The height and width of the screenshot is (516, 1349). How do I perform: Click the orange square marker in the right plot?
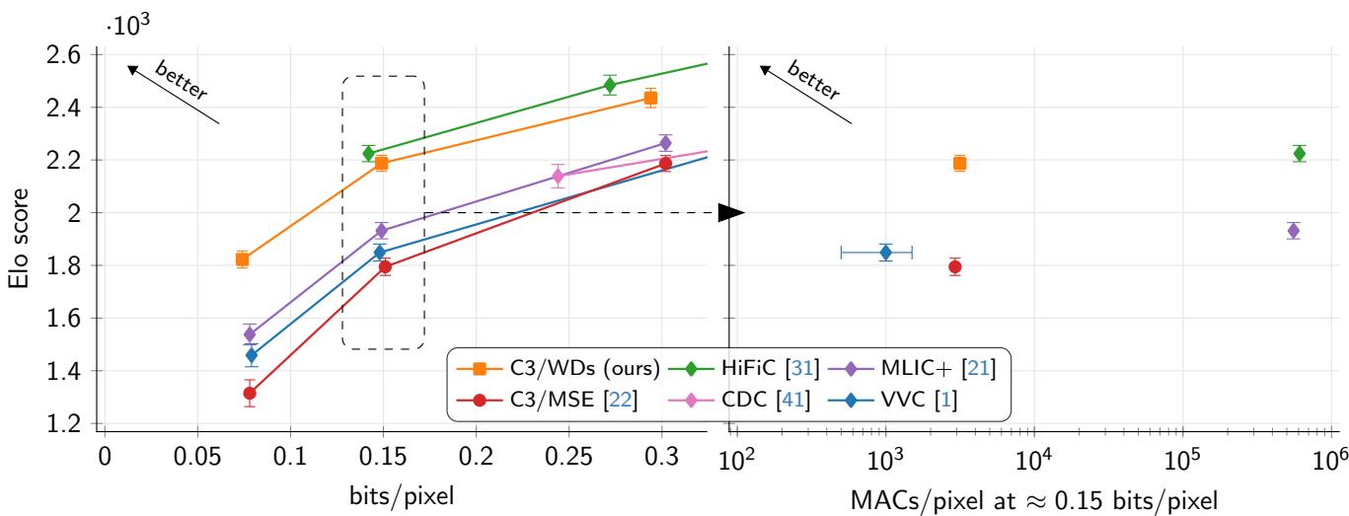tap(959, 163)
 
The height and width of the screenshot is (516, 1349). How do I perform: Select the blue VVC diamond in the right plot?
tap(886, 253)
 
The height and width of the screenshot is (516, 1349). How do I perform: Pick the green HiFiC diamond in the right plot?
tap(1300, 153)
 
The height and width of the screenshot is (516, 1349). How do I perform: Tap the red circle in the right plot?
tap(954, 266)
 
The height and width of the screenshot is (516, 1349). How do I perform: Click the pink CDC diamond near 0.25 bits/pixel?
tap(558, 177)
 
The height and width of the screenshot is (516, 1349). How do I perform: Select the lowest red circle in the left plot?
tap(250, 393)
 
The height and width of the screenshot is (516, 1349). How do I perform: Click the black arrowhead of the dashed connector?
tap(731, 212)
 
